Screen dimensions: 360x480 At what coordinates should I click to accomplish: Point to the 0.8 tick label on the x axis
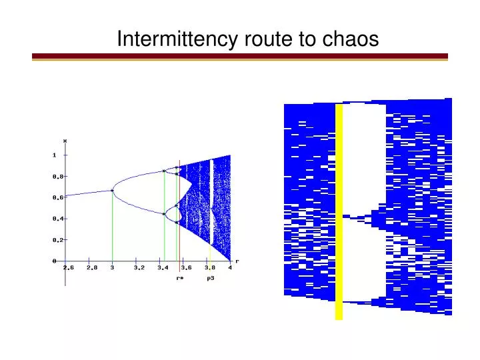(x=59, y=176)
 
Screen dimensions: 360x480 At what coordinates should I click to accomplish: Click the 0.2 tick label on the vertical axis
(x=59, y=239)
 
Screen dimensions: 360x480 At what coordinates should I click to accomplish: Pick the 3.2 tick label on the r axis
(x=139, y=268)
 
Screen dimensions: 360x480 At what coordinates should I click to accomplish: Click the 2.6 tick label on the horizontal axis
(x=69, y=268)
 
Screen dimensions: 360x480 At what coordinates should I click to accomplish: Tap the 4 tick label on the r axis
(x=230, y=268)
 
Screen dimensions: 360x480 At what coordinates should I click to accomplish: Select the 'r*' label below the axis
(x=179, y=278)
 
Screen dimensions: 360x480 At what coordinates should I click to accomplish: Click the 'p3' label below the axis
(x=210, y=278)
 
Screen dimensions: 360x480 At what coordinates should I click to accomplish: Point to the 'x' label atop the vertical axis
(x=65, y=141)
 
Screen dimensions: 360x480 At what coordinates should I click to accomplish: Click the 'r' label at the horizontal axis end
(x=237, y=261)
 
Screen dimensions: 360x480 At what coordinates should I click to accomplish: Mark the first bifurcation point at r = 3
(x=112, y=191)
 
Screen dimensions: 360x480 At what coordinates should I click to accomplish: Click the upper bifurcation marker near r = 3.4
(x=164, y=171)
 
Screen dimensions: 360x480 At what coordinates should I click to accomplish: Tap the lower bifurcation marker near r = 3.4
(x=164, y=214)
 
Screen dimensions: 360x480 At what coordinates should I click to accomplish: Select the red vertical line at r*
(x=179, y=220)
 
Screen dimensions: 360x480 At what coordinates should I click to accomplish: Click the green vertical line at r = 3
(x=112, y=227)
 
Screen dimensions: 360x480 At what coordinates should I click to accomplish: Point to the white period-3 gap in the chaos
(x=211, y=200)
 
